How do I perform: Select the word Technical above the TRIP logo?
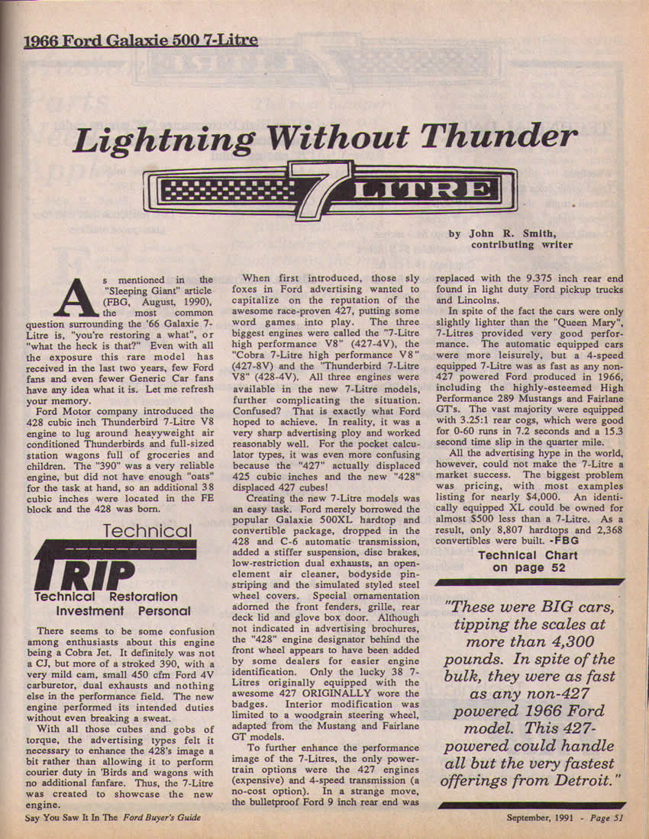(x=148, y=531)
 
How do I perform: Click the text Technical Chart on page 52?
(x=528, y=561)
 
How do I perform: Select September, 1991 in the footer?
(x=540, y=818)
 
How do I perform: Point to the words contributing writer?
(x=521, y=245)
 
